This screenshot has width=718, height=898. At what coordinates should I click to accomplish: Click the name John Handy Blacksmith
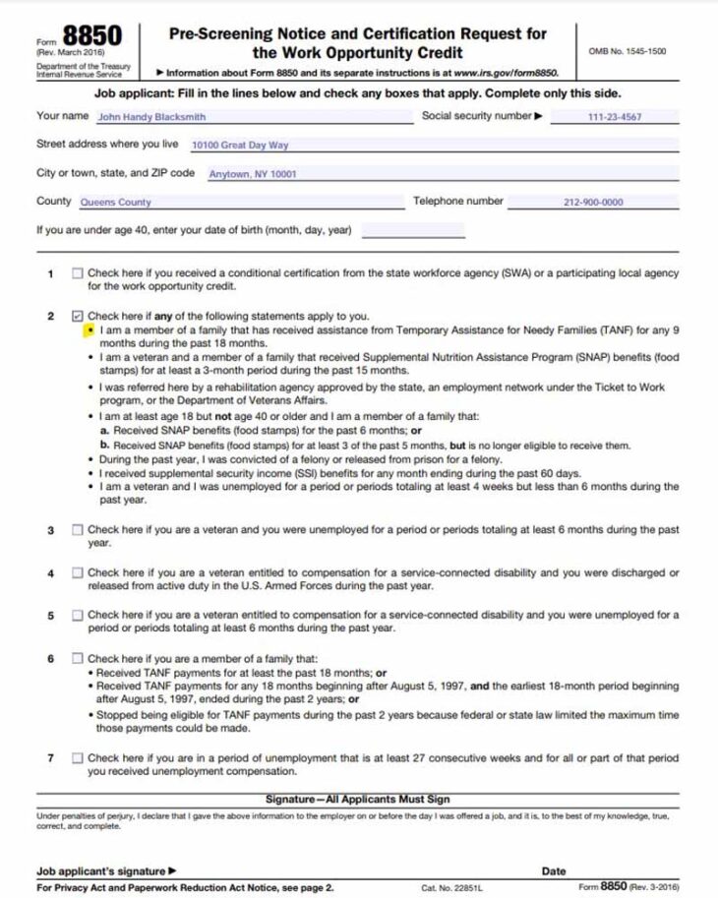point(151,117)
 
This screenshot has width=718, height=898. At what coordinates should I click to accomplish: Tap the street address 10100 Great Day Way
point(240,145)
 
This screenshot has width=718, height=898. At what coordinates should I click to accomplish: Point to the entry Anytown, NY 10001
point(253,174)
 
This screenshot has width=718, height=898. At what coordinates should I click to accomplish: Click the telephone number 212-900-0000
point(593,203)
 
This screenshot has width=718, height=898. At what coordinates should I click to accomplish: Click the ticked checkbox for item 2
point(78,317)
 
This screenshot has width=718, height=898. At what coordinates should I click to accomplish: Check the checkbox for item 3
point(78,530)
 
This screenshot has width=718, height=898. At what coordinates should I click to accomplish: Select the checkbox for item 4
point(78,572)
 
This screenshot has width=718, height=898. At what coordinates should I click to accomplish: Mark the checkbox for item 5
point(78,616)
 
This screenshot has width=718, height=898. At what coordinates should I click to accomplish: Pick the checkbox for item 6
point(78,659)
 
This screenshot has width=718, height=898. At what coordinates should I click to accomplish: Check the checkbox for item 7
point(78,758)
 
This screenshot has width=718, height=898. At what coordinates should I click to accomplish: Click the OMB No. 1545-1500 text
point(627,51)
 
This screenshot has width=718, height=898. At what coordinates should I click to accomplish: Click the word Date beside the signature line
point(554,871)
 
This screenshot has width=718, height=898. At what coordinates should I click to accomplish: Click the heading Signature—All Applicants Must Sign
point(358,800)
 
